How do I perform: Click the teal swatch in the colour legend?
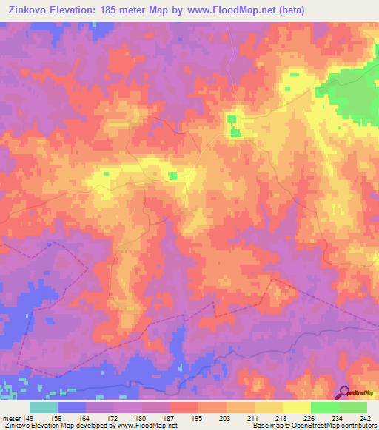(44, 407)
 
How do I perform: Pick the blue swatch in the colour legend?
(72, 407)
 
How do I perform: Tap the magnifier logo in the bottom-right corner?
(345, 393)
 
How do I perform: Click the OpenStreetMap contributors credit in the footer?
(326, 426)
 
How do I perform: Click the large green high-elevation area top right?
(359, 96)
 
